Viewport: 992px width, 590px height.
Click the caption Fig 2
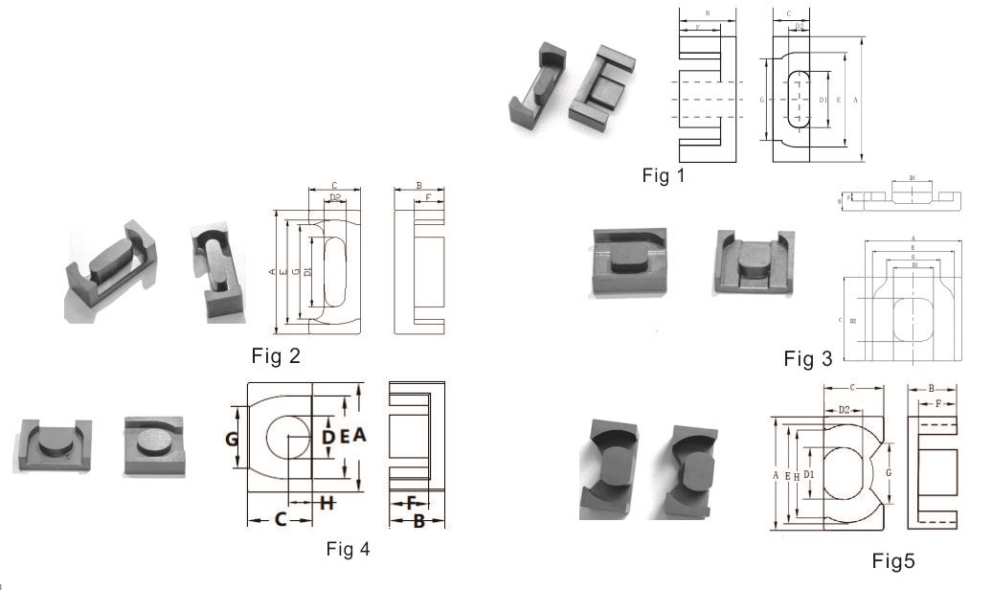click(x=276, y=356)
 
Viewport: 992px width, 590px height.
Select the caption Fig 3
click(x=807, y=359)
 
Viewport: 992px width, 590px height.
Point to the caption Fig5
click(x=899, y=560)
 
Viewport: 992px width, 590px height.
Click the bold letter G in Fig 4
click(x=232, y=440)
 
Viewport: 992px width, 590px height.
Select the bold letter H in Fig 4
click(x=327, y=502)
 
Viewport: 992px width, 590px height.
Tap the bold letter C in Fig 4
click(x=281, y=519)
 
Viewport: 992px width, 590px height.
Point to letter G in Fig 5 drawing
click(x=890, y=473)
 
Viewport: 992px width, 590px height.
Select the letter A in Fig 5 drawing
click(x=774, y=474)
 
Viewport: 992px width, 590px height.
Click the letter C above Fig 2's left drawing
click(x=333, y=185)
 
